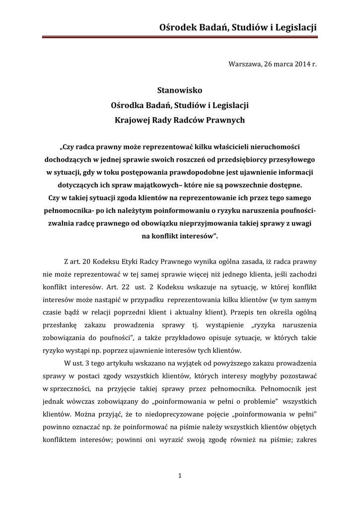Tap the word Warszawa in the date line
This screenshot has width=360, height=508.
(244, 64)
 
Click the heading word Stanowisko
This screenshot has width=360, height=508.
(180, 90)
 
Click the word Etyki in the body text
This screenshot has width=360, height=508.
(138, 261)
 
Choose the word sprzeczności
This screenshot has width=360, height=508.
(68, 390)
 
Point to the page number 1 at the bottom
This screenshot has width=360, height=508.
(180, 477)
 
